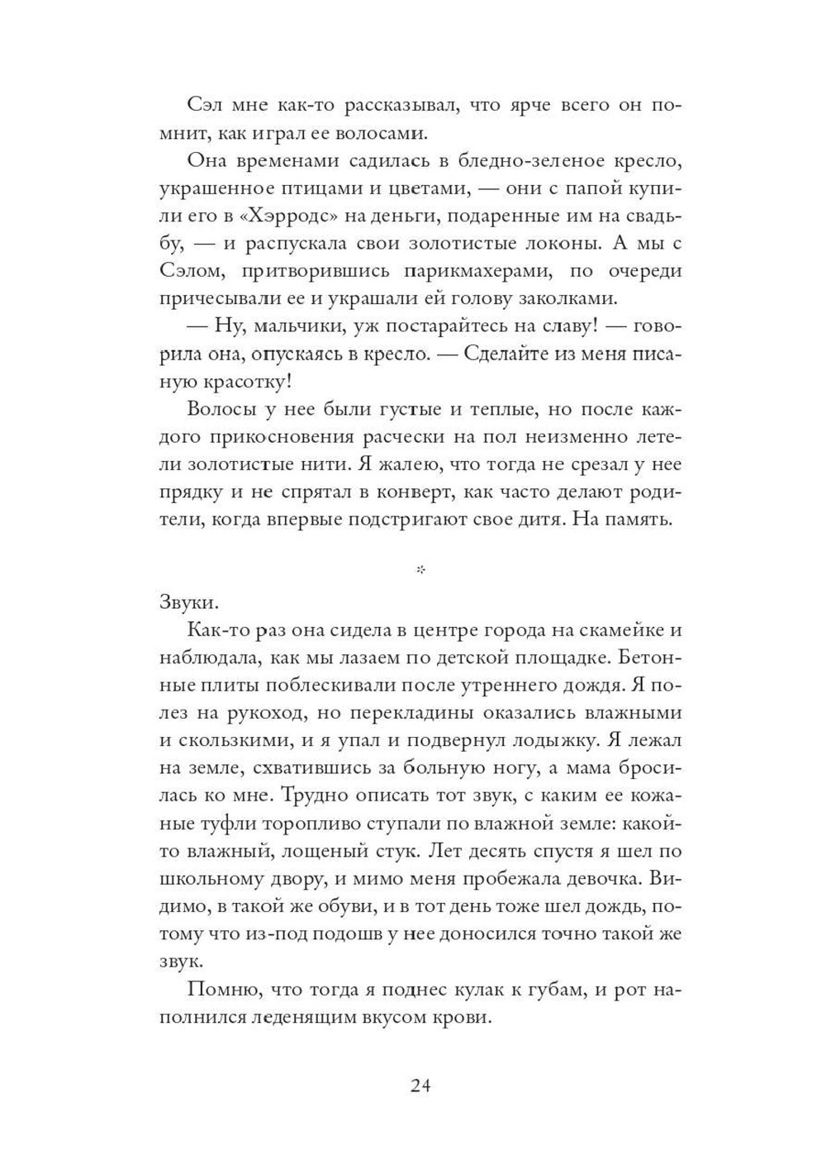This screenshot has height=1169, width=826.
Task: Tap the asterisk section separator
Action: coord(420,569)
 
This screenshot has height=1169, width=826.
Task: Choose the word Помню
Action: coord(216,991)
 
